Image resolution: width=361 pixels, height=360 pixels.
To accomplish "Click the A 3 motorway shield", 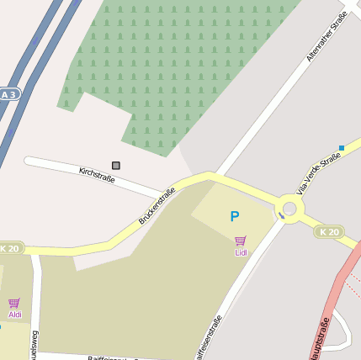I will [8, 95].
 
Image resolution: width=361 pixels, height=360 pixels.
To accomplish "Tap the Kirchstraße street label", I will [96, 176].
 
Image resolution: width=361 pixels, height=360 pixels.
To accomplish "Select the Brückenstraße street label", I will [157, 206].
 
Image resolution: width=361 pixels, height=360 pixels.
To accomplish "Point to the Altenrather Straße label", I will [327, 42].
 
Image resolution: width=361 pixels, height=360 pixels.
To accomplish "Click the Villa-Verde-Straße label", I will [319, 172].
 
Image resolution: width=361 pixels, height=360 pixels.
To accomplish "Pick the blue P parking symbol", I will [235, 217].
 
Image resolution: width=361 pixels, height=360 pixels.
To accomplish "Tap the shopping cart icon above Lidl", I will [241, 241].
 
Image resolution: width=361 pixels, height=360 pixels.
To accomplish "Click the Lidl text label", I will [242, 252].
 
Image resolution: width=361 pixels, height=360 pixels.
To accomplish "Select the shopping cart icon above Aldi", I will [14, 303].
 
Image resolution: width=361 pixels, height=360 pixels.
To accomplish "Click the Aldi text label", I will [15, 315].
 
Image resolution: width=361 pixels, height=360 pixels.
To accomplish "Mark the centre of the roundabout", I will [290, 208].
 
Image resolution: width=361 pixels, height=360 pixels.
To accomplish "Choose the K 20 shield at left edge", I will [10, 249].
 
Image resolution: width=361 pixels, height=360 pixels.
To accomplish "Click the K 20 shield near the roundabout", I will [329, 231].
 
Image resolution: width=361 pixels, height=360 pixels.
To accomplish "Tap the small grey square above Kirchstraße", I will [116, 166].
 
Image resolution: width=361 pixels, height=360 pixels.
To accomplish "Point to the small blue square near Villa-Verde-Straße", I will [342, 148].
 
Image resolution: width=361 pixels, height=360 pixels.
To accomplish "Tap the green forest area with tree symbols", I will [185, 67].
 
